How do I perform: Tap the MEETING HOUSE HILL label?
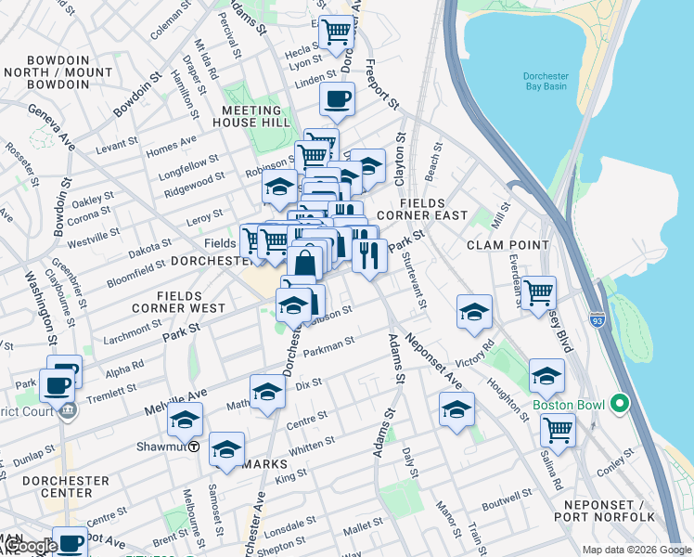coord(264,116)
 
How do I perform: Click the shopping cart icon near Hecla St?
coord(337,33)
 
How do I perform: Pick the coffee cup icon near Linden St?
coord(337,98)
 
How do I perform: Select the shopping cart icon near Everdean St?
coord(538,292)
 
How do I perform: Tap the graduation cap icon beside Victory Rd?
coord(474,312)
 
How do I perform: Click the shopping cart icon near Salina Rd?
coord(558,429)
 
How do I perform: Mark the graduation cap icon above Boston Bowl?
coord(546,376)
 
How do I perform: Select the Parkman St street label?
coord(330,344)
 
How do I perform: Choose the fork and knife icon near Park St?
coord(369,255)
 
